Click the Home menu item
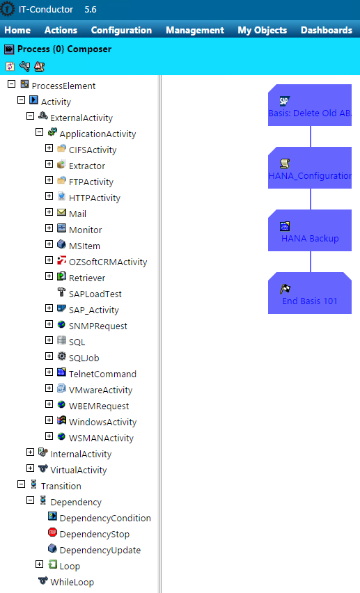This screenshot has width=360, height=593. coord(17,30)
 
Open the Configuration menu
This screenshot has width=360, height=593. coord(121,30)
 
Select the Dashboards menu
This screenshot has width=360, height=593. coord(326,30)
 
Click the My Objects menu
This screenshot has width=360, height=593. coord(262,30)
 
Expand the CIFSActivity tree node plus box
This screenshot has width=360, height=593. coord(49,148)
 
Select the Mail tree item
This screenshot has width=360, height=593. coord(77,214)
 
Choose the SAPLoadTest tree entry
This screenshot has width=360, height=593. coord(95,294)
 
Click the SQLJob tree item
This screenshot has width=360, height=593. coord(86,358)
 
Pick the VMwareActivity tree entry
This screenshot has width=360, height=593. coord(100,390)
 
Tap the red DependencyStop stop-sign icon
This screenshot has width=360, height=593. coord(52,532)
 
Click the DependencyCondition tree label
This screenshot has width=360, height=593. coord(105,518)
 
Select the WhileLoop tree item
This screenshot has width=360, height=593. coord(72,582)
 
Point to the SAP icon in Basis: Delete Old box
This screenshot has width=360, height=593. coord(284,101)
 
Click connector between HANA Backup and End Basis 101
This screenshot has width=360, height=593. coord(310,262)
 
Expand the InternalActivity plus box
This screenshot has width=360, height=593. coord(30,452)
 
